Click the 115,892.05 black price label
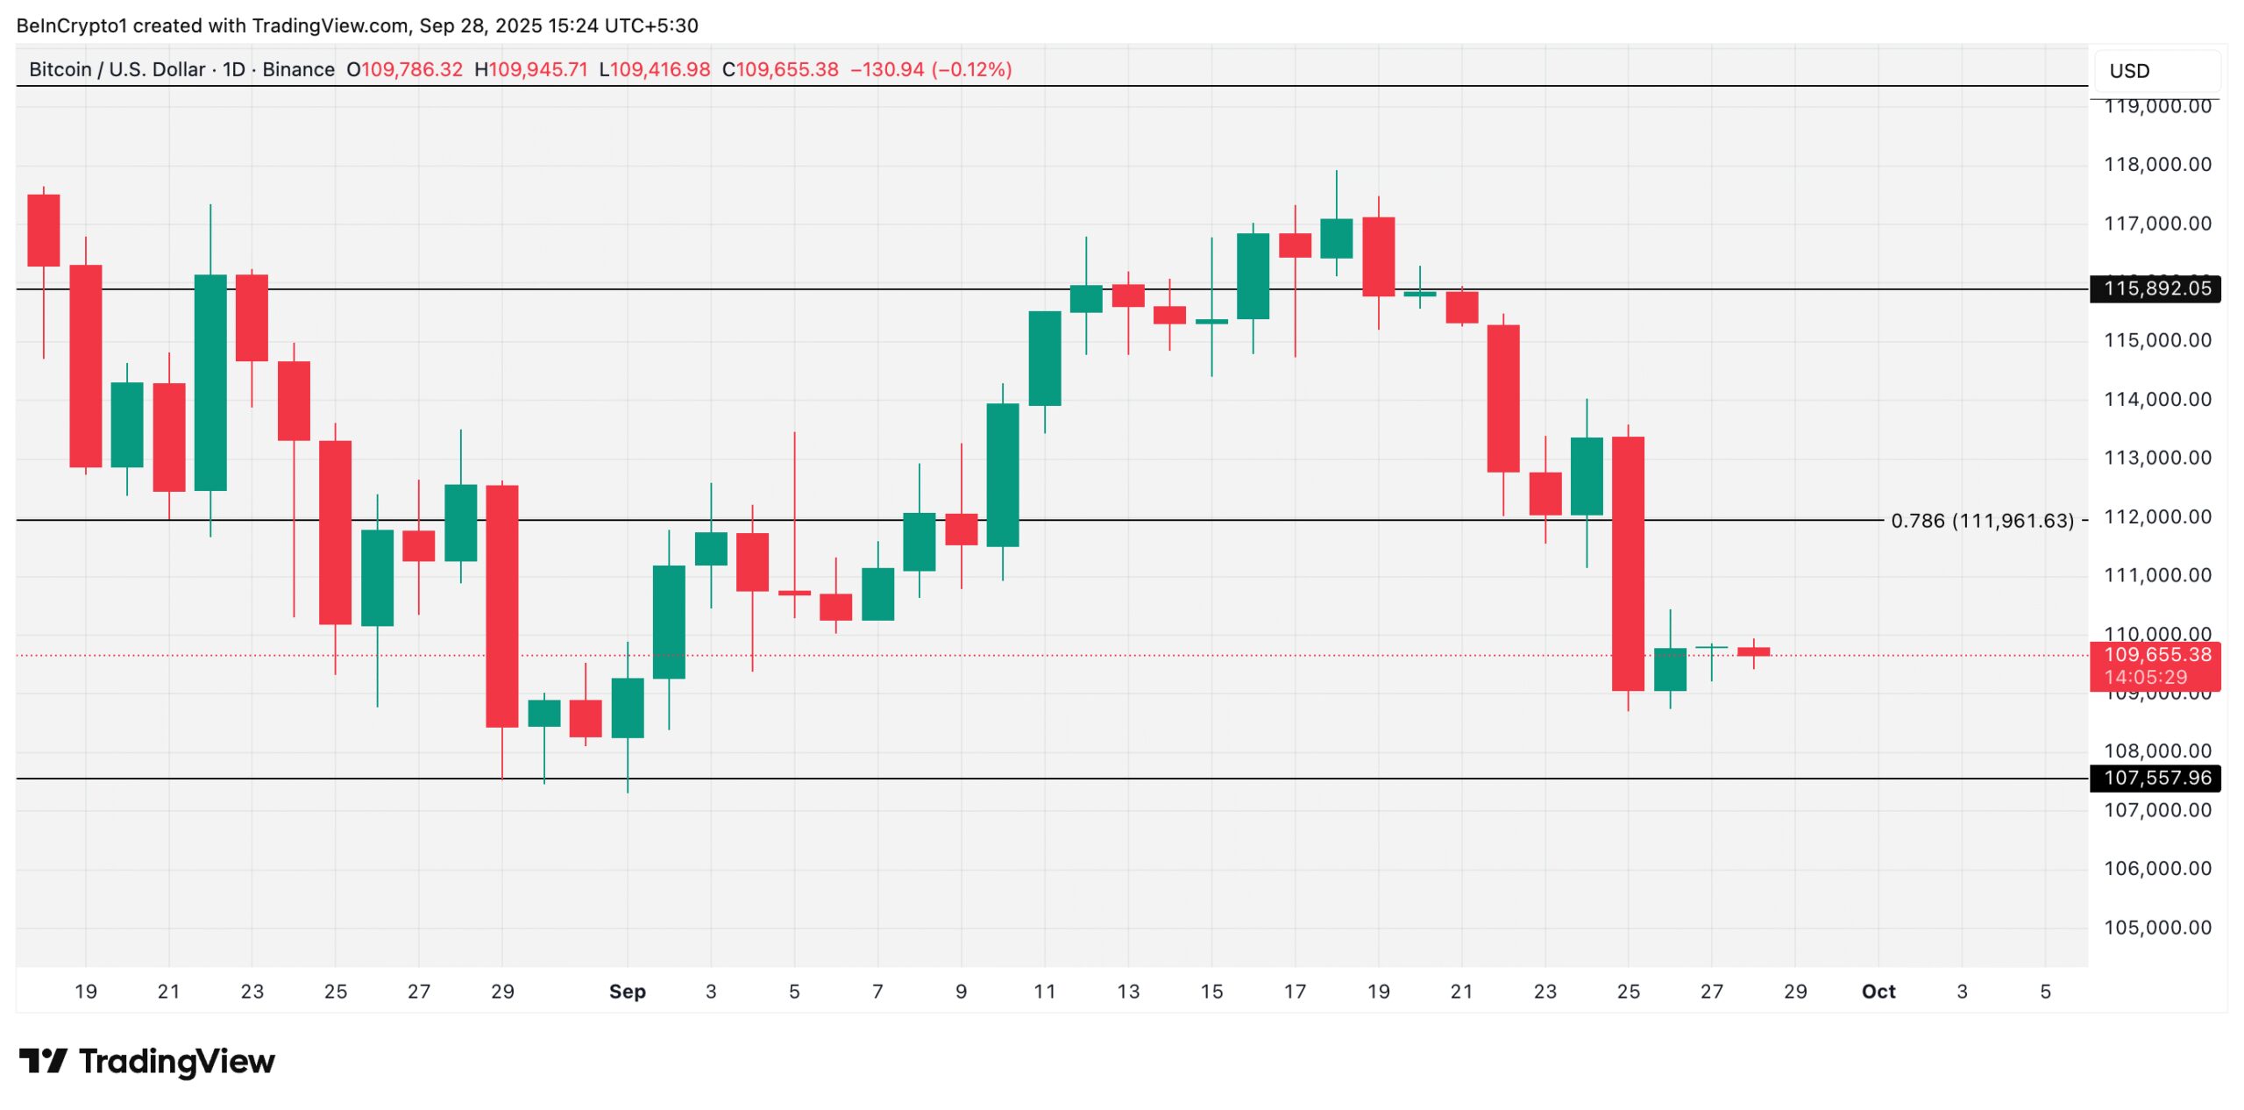[x=2155, y=288]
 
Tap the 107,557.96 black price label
[x=2155, y=778]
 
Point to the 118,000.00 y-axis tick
[x=2157, y=165]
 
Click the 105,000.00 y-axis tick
[x=2157, y=928]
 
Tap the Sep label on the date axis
[x=627, y=992]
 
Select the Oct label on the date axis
[x=1878, y=992]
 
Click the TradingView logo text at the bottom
[x=176, y=1062]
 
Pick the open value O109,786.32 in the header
[x=404, y=69]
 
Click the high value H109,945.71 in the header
[x=530, y=69]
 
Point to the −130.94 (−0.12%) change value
[x=931, y=69]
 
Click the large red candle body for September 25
[x=1628, y=563]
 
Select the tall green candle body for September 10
[x=1003, y=474]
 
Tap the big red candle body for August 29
[x=502, y=606]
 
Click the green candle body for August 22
[x=210, y=382]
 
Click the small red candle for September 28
[x=1753, y=651]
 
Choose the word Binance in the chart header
[x=298, y=69]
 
